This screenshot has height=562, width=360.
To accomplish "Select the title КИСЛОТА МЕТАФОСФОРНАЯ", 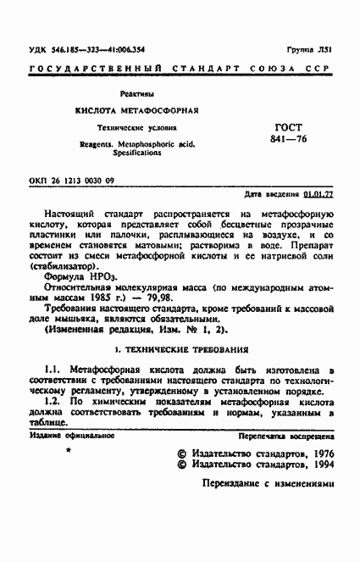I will click(x=136, y=111).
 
